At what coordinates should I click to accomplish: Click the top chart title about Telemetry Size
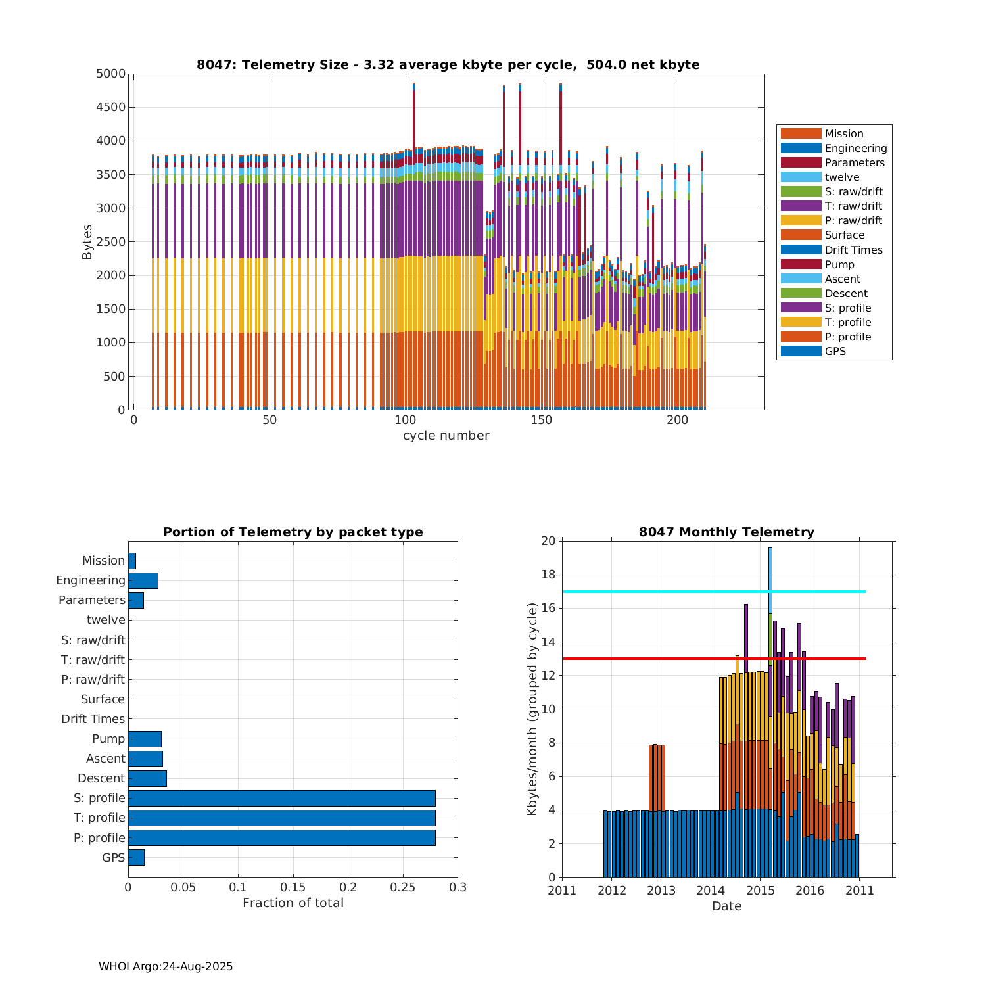(x=448, y=64)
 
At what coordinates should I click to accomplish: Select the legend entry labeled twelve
(x=842, y=177)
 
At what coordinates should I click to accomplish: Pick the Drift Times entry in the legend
(x=853, y=250)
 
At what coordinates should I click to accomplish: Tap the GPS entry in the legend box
(x=835, y=351)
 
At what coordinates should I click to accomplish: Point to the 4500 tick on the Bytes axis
(x=111, y=107)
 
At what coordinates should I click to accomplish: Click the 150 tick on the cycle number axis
(x=541, y=421)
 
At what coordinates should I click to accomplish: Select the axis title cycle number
(x=446, y=435)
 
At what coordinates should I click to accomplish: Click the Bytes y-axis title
(x=87, y=241)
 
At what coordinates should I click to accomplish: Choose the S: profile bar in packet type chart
(x=281, y=798)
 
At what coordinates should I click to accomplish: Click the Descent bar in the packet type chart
(x=147, y=778)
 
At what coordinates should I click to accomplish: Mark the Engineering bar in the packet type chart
(x=143, y=580)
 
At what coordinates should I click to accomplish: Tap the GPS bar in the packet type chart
(x=136, y=857)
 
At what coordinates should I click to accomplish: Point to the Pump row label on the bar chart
(x=108, y=739)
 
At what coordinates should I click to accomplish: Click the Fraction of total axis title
(x=293, y=903)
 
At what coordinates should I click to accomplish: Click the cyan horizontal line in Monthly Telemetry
(x=657, y=592)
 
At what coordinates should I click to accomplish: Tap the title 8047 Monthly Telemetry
(x=726, y=532)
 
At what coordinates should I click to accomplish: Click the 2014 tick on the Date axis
(x=711, y=891)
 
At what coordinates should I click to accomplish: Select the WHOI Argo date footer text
(x=166, y=966)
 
